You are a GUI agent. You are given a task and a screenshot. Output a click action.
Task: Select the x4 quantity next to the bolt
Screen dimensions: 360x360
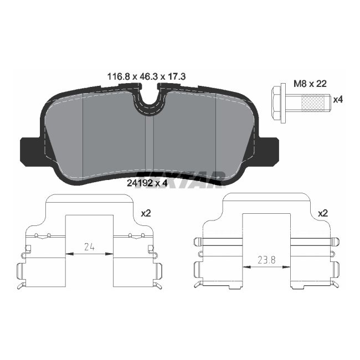[x=338, y=100]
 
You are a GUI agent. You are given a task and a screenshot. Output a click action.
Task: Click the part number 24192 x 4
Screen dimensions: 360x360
[x=147, y=184]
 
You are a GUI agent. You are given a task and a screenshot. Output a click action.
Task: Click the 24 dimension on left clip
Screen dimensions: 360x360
[x=90, y=247]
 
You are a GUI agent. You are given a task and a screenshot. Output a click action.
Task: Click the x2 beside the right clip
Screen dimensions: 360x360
[x=323, y=213]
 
